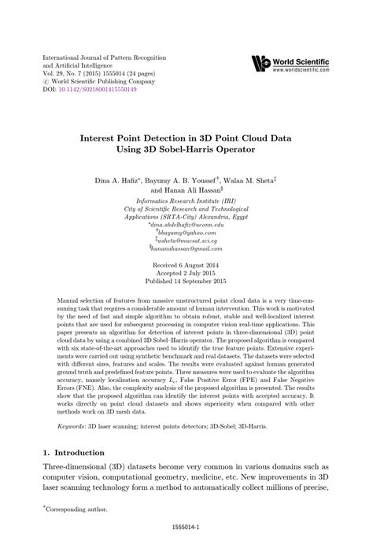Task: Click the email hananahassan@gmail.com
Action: (186, 248)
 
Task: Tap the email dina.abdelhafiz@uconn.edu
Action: (186, 224)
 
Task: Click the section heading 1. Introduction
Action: (73, 453)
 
